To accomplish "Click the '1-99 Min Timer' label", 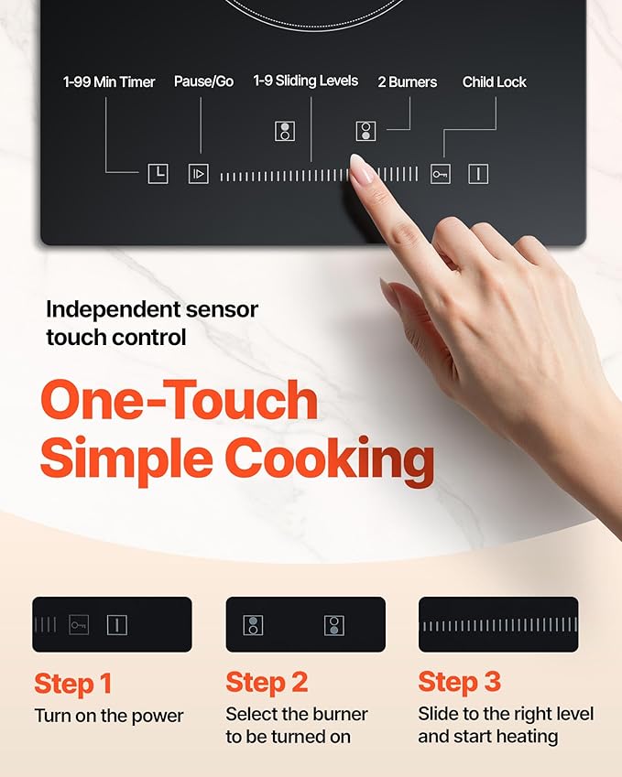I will (x=109, y=82).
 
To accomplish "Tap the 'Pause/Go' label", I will (x=203, y=82).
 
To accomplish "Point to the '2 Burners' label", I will (x=408, y=82).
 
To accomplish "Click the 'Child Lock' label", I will (x=495, y=82).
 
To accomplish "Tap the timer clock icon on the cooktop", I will (x=158, y=173).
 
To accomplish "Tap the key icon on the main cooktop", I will (x=441, y=174).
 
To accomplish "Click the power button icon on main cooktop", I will (x=478, y=173).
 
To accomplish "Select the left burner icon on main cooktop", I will (x=285, y=131).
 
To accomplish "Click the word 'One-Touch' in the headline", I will (x=179, y=400).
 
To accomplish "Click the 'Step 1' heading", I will (x=73, y=683).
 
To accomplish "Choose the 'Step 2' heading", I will (x=267, y=683).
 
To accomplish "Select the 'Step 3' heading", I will (x=460, y=683).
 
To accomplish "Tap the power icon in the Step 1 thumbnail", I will (x=116, y=625).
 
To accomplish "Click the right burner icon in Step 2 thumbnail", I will (x=333, y=625).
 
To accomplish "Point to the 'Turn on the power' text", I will (x=109, y=716).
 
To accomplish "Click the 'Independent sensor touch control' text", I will (x=152, y=323).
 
